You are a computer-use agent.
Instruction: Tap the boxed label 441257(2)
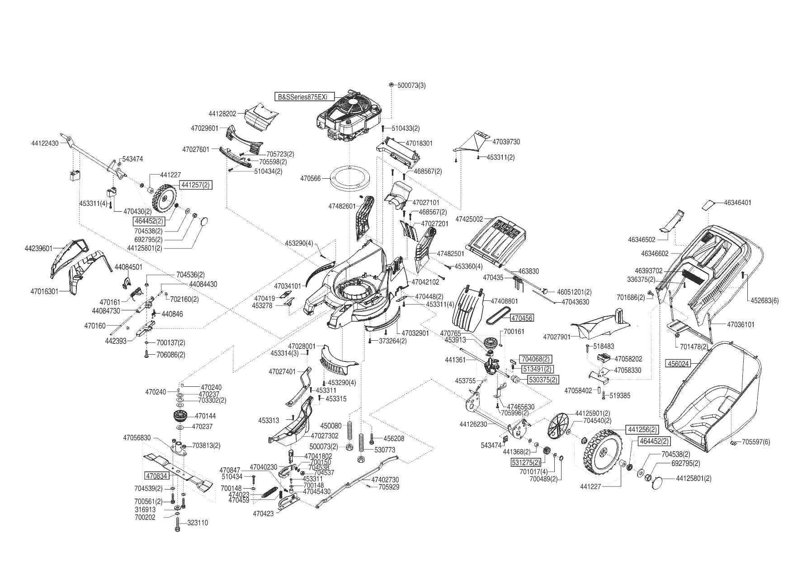coord(196,185)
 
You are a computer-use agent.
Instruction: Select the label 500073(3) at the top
coord(411,85)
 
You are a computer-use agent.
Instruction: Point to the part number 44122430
coord(45,143)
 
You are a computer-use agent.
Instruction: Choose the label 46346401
coord(737,202)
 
